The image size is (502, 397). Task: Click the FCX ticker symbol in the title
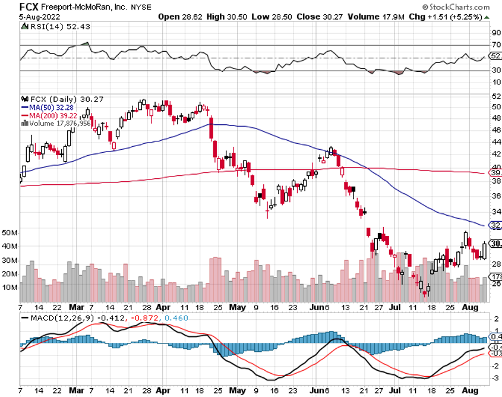pyautogui.click(x=13, y=7)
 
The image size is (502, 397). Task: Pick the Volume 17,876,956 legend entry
pyautogui.click(x=58, y=124)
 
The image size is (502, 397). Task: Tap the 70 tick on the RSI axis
pyautogui.click(x=495, y=45)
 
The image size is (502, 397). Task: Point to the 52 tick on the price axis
pyautogui.click(x=495, y=96)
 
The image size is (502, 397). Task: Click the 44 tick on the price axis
pyautogui.click(x=495, y=143)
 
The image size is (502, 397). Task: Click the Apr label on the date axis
pyautogui.click(x=164, y=307)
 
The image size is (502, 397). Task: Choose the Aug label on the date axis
pyautogui.click(x=471, y=307)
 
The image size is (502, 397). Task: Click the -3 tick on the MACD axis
pyautogui.click(x=495, y=377)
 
